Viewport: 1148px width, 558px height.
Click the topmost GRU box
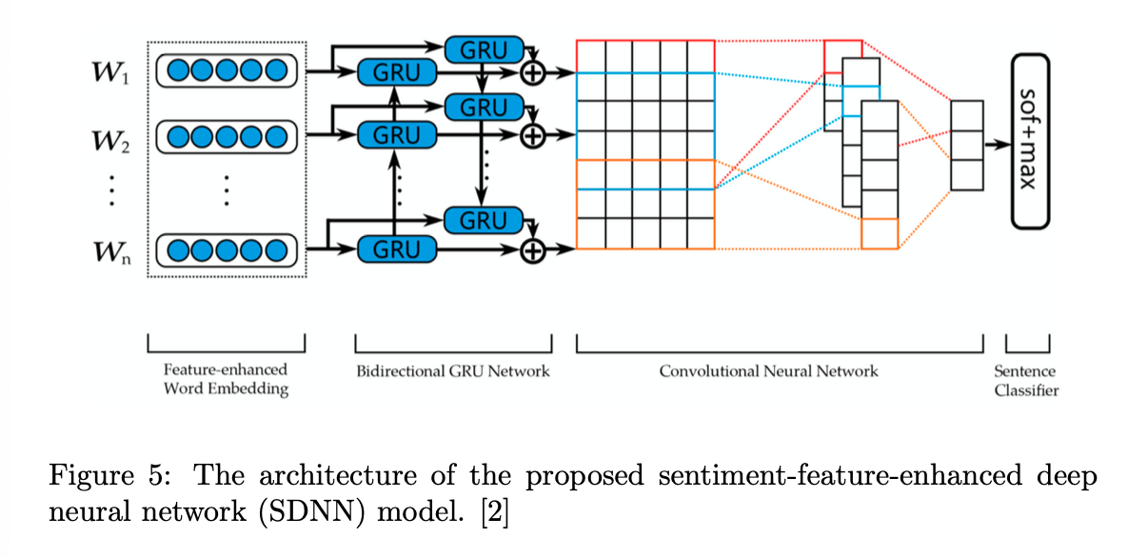pyautogui.click(x=484, y=49)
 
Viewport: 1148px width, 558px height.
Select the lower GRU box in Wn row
pyautogui.click(x=396, y=250)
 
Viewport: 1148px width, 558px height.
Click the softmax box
pyautogui.click(x=1029, y=140)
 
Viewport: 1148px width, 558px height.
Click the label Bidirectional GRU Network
pyautogui.click(x=453, y=370)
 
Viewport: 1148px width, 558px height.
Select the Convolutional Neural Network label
pyautogui.click(x=768, y=370)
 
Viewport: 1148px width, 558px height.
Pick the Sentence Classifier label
pyautogui.click(x=1025, y=381)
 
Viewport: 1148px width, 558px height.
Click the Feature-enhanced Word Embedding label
pyautogui.click(x=226, y=379)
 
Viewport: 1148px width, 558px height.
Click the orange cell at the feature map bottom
pyautogui.click(x=879, y=233)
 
